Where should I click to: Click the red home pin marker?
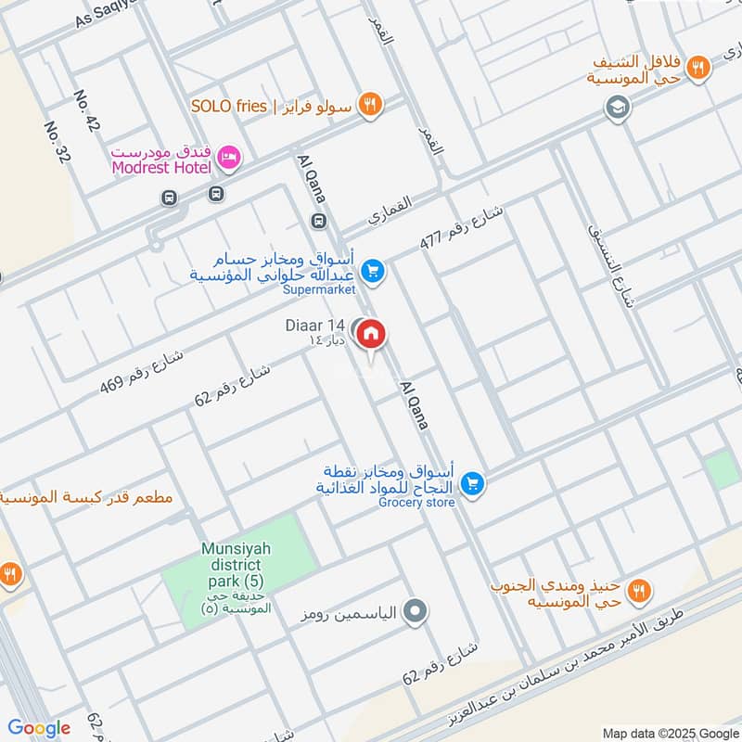(x=371, y=334)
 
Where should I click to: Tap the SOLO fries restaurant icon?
(x=370, y=105)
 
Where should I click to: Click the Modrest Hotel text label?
(x=160, y=167)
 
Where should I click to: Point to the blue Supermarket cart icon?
(x=373, y=271)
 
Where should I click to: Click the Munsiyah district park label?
(x=236, y=564)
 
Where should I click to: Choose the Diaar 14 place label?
(x=314, y=326)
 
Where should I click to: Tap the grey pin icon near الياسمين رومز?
(x=416, y=612)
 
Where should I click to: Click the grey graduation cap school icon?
(x=614, y=109)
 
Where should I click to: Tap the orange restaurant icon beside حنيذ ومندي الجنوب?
(x=638, y=590)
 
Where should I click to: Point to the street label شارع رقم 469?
(x=143, y=368)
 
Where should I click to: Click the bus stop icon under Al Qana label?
(x=318, y=221)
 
